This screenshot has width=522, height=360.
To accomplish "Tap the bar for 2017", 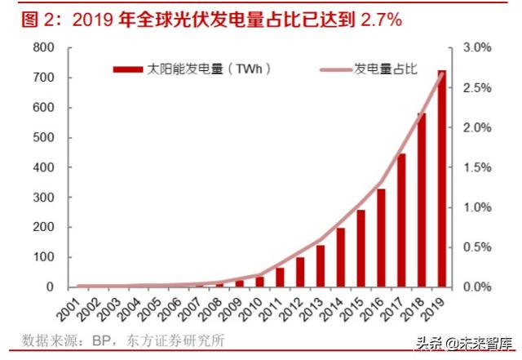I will (x=400, y=220).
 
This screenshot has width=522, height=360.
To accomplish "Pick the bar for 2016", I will (x=380, y=238).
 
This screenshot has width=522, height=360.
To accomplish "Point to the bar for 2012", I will (x=300, y=273).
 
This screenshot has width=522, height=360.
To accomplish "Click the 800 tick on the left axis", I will (x=43, y=48).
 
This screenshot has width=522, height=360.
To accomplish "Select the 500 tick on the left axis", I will (x=43, y=138).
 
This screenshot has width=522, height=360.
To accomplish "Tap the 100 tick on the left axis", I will (x=43, y=258).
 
